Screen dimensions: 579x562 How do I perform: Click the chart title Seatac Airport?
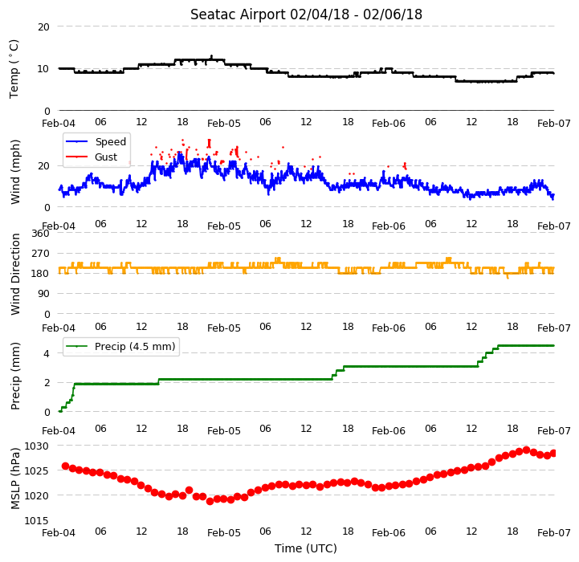pos(238,14)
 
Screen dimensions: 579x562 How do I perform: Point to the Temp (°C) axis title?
pos(14,69)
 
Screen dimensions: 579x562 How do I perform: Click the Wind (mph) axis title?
pos(15,172)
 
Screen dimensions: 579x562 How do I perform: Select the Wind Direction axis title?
pos(15,274)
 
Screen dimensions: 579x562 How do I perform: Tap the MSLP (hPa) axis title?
pos(15,479)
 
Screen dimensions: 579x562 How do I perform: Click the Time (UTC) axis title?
pos(306,548)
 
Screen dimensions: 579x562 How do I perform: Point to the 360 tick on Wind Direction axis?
pos(41,234)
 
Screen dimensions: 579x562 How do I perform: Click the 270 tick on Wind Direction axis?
pos(41,254)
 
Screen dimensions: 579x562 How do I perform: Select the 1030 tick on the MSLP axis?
pos(36,446)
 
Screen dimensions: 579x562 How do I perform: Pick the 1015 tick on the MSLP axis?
pos(36,520)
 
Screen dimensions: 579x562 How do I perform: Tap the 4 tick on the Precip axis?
pos(47,354)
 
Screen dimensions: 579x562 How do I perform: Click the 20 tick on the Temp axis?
pos(43,27)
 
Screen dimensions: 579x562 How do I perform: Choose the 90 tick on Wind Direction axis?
pos(43,294)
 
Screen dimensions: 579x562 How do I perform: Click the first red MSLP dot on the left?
pos(65,466)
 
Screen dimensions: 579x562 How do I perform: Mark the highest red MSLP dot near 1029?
pos(526,450)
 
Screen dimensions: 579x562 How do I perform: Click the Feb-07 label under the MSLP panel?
pos(554,533)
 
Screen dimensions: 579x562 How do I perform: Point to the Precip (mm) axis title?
pos(15,377)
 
